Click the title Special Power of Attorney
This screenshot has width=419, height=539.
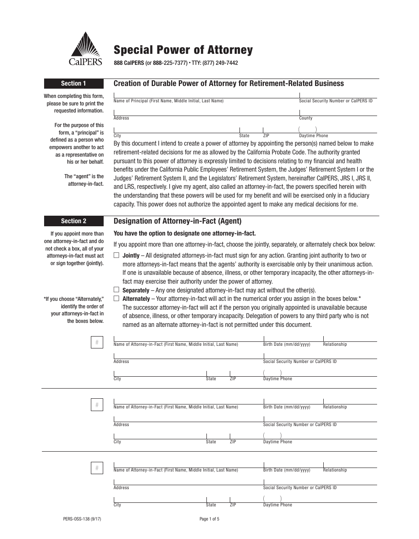183,50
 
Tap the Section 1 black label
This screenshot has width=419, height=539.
73,83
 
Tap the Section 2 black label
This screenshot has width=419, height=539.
73,221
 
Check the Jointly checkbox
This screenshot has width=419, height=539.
116,255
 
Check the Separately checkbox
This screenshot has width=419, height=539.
116,290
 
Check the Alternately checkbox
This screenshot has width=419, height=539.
116,299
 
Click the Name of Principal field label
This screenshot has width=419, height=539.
168,101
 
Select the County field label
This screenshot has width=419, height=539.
305,118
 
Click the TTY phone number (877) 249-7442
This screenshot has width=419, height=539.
220,63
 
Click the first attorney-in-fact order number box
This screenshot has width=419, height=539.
97,342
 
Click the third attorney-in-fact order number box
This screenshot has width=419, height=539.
97,468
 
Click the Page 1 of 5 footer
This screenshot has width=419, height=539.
209,519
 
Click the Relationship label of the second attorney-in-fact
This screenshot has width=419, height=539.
335,407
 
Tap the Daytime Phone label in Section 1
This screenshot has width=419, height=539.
313,136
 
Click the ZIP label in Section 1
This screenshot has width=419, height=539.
266,136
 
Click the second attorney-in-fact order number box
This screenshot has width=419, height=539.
97,405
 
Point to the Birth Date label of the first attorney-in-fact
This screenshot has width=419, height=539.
286,344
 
